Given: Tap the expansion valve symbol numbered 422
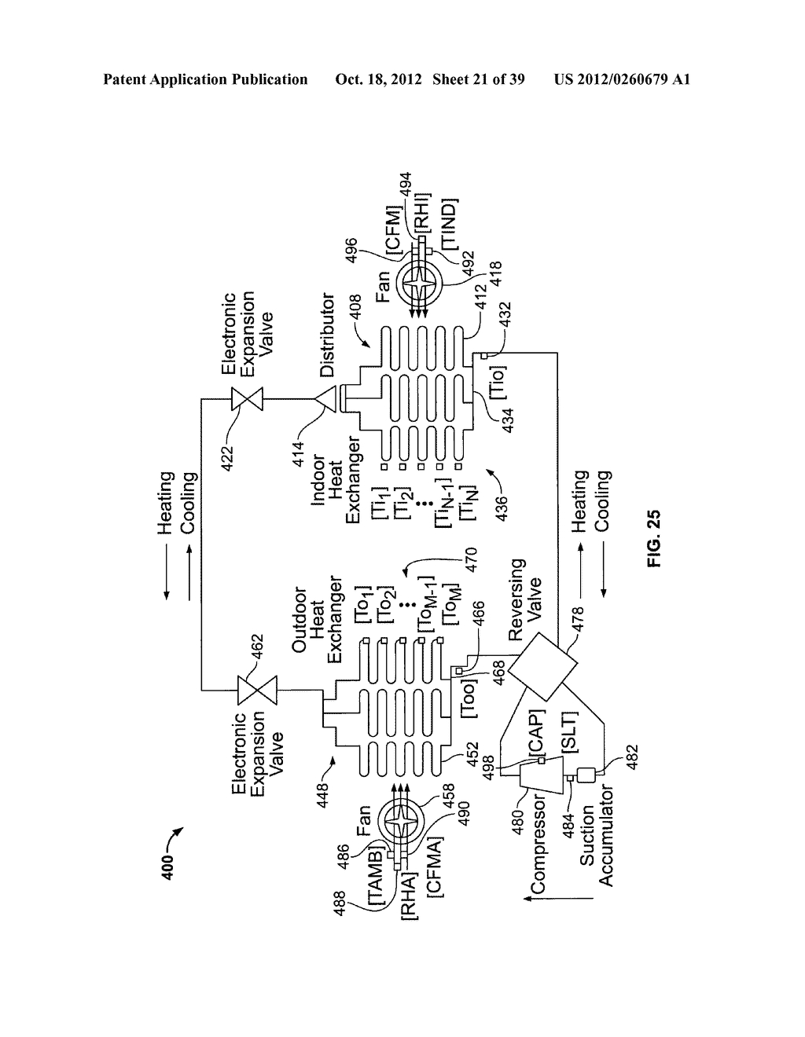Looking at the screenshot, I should tap(252, 401).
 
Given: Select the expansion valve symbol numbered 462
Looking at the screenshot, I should tap(249, 691).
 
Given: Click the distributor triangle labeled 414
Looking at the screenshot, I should tap(327, 401).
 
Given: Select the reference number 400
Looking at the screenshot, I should tap(177, 864).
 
